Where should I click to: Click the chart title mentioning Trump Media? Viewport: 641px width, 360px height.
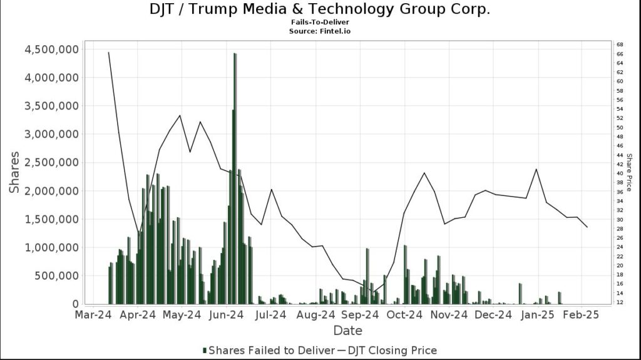point(320,9)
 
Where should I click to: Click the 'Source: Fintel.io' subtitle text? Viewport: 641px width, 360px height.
point(320,31)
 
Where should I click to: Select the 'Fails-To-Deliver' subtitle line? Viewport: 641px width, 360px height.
point(320,22)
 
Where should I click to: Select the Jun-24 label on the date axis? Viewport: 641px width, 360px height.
point(227,316)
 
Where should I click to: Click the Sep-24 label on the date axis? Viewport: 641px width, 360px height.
point(359,316)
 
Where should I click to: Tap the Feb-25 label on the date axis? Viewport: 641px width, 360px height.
point(581,316)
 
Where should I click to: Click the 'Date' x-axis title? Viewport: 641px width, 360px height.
point(347,331)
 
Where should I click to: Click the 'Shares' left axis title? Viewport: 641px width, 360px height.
point(14,172)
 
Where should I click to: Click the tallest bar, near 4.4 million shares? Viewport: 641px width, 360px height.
point(235,125)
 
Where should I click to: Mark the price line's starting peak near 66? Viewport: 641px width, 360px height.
point(109,53)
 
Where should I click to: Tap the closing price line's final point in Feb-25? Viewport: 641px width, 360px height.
point(587,227)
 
